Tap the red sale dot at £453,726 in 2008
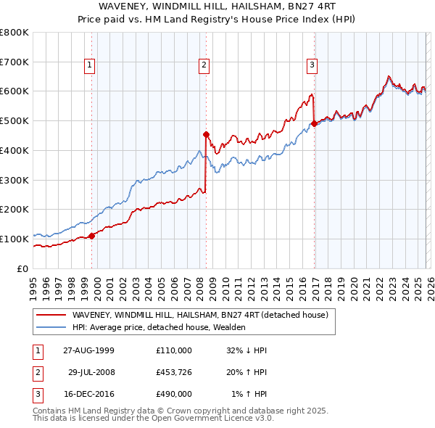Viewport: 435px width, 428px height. point(206,134)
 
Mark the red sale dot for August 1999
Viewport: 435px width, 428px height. point(92,236)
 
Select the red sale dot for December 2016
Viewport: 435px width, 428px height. point(314,124)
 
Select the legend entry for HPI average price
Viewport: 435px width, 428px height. point(159,327)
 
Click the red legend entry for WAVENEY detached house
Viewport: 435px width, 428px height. point(200,315)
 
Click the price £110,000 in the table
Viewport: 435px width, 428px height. point(173,350)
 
